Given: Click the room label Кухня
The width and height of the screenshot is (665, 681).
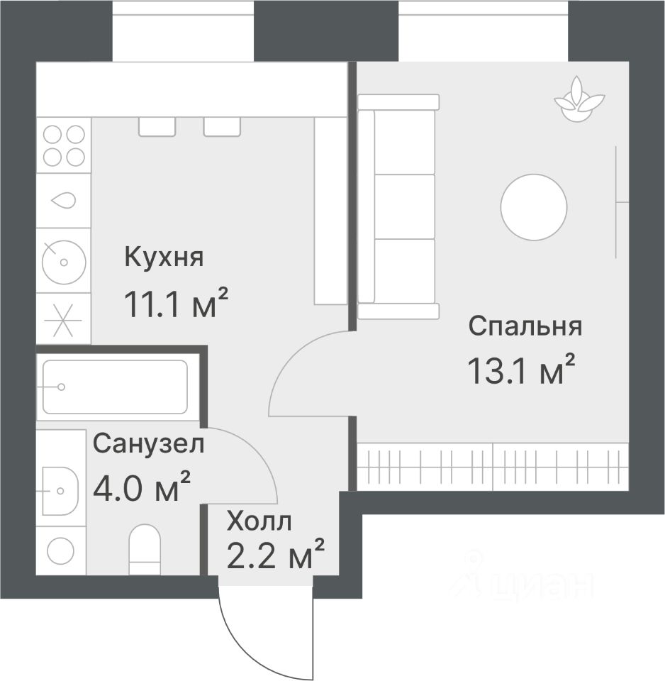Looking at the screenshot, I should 164,258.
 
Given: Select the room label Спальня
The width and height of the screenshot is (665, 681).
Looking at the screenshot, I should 525,326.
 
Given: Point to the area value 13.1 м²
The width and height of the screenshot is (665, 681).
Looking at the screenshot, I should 520,370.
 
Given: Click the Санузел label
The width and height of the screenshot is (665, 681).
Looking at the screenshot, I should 149,445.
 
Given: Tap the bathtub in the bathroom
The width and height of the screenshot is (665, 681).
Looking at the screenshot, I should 115,387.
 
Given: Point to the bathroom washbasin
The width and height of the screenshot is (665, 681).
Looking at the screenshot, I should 60,490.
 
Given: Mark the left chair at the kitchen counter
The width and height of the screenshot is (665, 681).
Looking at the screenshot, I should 157,126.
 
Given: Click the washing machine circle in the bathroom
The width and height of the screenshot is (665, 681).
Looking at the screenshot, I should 60,550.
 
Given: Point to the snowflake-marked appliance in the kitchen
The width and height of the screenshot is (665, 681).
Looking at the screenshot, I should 63,319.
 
